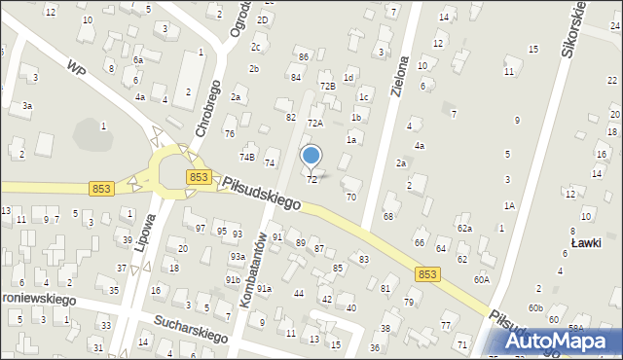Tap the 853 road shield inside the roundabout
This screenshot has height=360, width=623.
[x=199, y=176]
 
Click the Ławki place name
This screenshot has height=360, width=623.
[x=585, y=242]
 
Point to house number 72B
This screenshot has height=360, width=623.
[x=328, y=87]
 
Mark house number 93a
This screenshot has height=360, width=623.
[x=237, y=256]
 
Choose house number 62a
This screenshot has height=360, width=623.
[x=464, y=228]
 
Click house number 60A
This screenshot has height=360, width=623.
[x=482, y=278]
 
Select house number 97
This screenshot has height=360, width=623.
[x=201, y=228]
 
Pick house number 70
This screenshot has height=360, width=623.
[x=351, y=197]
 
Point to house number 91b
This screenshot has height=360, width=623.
[x=234, y=279]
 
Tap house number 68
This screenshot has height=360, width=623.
[x=388, y=215]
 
